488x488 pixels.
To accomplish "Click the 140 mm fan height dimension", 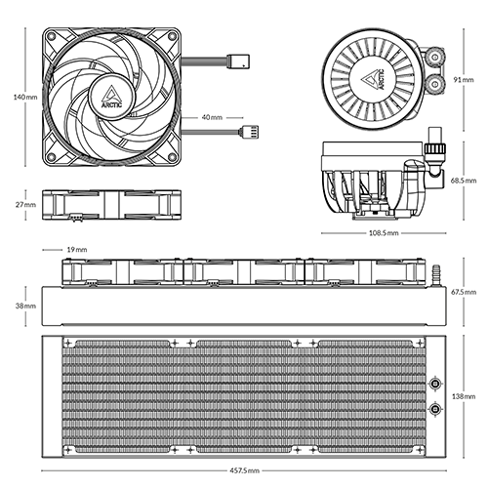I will (x=15, y=98).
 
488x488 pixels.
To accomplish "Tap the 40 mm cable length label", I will (x=213, y=116).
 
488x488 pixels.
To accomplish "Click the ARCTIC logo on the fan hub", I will (x=105, y=101).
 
